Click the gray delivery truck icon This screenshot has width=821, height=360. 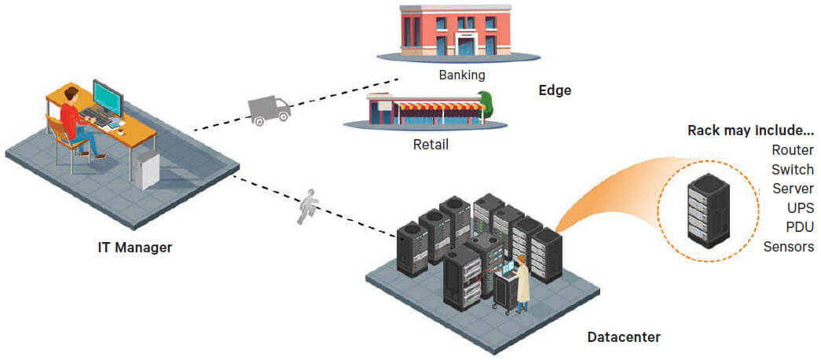point(269,110)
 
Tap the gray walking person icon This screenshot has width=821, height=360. point(309,206)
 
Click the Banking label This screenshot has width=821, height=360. point(462,75)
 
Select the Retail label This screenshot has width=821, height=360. point(431,145)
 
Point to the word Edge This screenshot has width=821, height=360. point(555,90)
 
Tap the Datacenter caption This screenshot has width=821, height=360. point(624,338)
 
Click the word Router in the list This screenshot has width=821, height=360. point(793,149)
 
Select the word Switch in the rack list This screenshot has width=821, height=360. point(793,169)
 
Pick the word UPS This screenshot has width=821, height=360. point(801,208)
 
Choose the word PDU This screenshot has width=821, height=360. point(800,228)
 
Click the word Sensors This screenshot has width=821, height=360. point(789,248)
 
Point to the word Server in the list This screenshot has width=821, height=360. point(793,189)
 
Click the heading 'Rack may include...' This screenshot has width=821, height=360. point(750,130)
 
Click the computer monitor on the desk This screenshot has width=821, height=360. point(107,97)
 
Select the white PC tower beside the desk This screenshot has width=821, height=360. point(145,169)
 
